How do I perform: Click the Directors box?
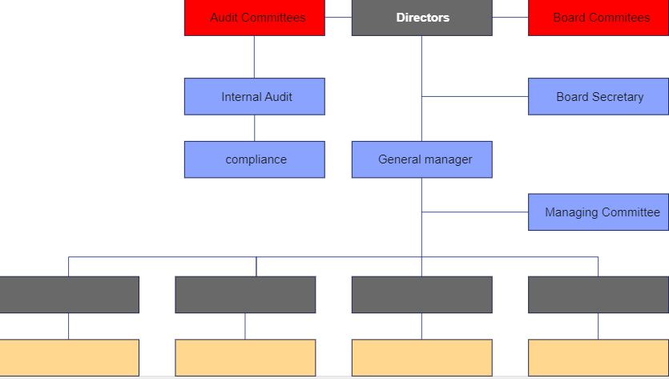(x=422, y=18)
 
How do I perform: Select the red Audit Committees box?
(x=255, y=18)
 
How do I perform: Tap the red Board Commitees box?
(x=598, y=18)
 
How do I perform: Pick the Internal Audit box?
(x=255, y=96)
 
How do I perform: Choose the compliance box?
(x=255, y=159)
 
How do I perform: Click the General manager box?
(x=422, y=159)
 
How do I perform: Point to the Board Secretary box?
(x=598, y=96)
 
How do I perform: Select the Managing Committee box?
(x=598, y=212)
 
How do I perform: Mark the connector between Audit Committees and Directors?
(x=338, y=18)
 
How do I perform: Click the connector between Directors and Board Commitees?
(x=510, y=18)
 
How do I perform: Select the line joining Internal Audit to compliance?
(x=255, y=128)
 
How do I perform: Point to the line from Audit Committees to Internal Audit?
(x=255, y=57)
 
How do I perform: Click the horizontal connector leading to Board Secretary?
(x=475, y=96)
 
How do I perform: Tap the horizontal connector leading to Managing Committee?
(x=475, y=212)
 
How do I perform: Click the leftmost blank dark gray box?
(x=69, y=295)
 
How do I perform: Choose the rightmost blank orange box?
(x=598, y=357)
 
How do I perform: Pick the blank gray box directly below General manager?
(x=422, y=295)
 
